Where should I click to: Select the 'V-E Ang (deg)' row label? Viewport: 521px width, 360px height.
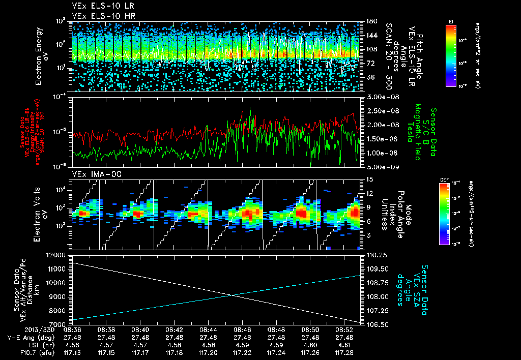coord(28,337)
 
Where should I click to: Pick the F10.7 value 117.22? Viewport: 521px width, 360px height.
coord(242,352)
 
